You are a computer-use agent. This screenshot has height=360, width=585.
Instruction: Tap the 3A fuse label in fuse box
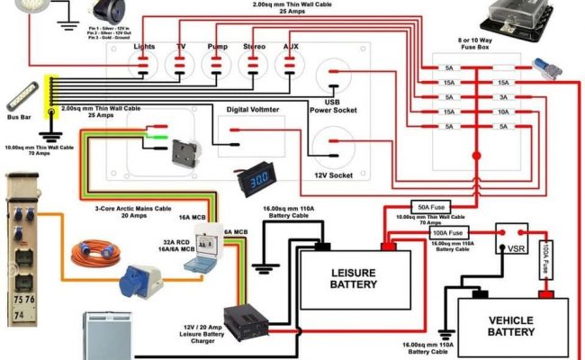click(503, 97)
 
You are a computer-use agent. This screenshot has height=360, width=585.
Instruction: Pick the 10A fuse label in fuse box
click(503, 112)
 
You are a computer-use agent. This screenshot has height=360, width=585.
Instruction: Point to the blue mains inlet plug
click(144, 274)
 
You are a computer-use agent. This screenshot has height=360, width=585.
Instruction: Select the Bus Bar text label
click(18, 116)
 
